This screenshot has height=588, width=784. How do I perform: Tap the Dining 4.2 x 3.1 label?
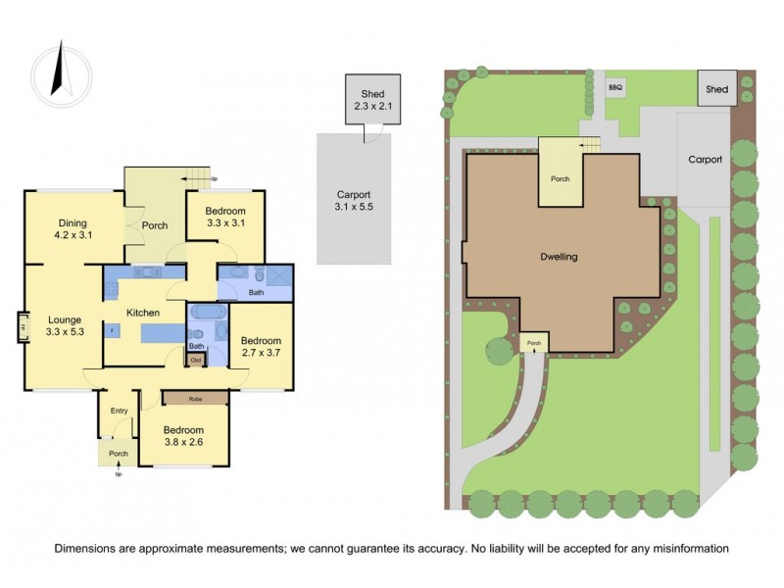(73, 228)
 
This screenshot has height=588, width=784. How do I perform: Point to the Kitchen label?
(143, 313)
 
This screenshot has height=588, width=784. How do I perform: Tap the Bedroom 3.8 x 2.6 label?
(183, 437)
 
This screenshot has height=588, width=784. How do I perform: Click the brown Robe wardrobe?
(195, 398)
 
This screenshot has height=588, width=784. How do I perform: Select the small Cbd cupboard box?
(196, 360)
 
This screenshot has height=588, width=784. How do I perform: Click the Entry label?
(120, 411)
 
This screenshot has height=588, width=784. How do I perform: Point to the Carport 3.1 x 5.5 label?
(353, 201)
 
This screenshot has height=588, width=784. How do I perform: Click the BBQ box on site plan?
(615, 87)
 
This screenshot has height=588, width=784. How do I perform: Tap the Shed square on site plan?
(717, 89)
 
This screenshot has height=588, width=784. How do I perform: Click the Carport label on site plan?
(705, 159)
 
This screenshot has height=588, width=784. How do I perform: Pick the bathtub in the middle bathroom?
(207, 314)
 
